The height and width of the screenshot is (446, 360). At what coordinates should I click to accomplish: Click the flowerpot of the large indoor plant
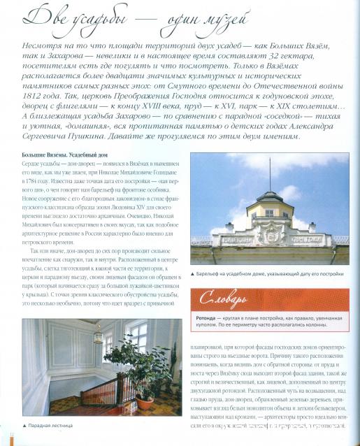point(144,401)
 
